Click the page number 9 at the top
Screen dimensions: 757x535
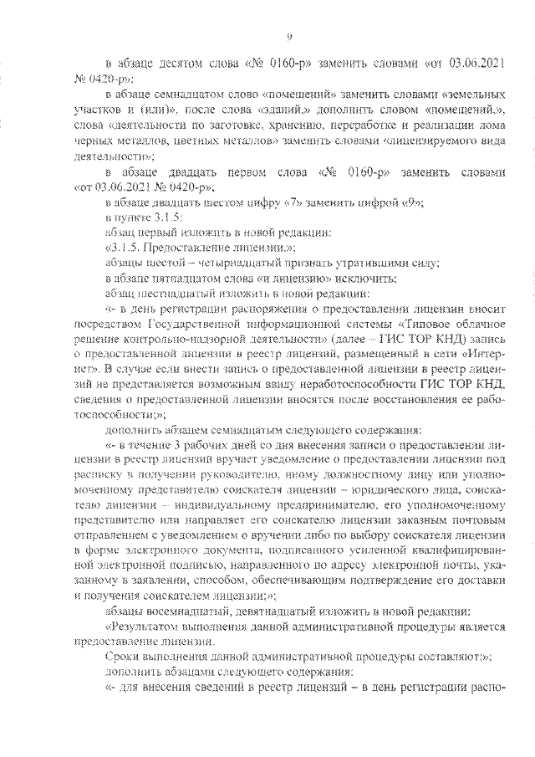tap(288, 35)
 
